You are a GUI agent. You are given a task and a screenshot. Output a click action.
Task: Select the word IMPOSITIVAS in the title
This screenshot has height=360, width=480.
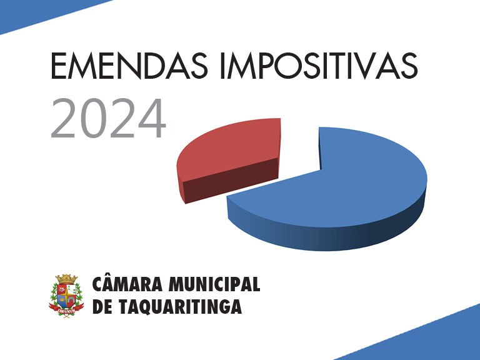point(319,66)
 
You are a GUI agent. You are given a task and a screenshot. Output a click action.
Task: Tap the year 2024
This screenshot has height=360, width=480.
point(108,118)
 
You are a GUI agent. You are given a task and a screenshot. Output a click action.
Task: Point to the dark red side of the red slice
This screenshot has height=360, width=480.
point(229,181)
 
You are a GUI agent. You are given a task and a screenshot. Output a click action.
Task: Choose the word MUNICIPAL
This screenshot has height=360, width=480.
point(214,284)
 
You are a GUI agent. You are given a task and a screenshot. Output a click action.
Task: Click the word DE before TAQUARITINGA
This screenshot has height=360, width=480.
point(102,306)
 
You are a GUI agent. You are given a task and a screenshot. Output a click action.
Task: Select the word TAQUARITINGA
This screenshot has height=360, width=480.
point(180,306)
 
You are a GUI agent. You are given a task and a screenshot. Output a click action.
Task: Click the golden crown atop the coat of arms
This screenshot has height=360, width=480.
point(66,279)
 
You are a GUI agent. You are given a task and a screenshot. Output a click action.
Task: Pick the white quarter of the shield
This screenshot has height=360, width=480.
point(71,289)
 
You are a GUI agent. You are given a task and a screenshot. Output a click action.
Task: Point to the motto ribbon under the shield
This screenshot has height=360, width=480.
point(66,310)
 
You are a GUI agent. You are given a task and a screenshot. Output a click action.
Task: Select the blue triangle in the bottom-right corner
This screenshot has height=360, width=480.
point(429,340)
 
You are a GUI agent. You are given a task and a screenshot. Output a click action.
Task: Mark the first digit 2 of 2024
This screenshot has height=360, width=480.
point(62,118)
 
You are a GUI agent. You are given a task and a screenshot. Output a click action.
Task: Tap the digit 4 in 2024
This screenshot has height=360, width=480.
point(152,119)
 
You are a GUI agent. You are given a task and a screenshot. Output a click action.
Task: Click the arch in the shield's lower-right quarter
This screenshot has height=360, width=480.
point(71,300)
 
